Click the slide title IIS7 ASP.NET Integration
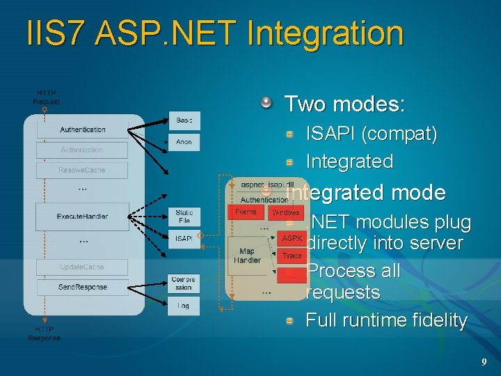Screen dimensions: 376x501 [214, 33]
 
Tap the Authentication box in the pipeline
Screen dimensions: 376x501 [82, 130]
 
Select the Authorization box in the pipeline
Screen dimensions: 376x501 [82, 150]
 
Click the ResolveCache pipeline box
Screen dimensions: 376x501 [82, 170]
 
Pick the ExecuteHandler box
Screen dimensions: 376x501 [82, 217]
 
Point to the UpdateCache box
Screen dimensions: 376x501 [82, 267]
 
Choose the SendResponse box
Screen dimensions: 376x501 [82, 287]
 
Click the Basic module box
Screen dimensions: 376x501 [184, 120]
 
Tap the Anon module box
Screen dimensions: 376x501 [184, 141]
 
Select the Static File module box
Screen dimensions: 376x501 [184, 216]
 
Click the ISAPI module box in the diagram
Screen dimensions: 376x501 [184, 239]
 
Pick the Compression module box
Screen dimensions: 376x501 [184, 283]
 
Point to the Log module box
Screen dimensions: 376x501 [184, 306]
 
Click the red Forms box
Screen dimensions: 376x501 [246, 212]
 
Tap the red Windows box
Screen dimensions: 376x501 [285, 212]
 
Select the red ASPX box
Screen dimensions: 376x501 [292, 238]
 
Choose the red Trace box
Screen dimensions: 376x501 [292, 256]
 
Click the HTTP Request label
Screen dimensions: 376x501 [47, 97]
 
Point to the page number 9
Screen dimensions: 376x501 [484, 362]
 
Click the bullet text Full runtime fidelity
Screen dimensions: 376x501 [386, 320]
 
